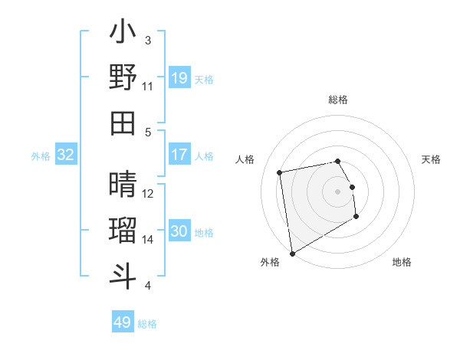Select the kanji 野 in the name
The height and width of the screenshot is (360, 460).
(123, 77)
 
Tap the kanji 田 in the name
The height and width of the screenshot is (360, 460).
(123, 123)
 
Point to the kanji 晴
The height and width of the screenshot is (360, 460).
(123, 185)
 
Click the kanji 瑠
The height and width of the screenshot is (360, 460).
(123, 231)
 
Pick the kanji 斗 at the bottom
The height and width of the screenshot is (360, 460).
(123, 277)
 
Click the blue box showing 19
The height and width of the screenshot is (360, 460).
(179, 77)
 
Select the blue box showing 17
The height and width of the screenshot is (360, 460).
(179, 155)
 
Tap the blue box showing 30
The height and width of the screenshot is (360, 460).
(179, 231)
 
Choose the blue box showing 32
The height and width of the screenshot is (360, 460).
(66, 155)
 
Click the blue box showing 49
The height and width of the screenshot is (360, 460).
(123, 322)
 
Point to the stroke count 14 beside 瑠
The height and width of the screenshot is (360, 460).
(148, 240)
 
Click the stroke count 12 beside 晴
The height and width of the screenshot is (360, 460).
(148, 194)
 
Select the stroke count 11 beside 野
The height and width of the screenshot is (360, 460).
(148, 87)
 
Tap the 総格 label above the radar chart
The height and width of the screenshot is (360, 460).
(338, 100)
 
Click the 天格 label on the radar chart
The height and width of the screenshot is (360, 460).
(432, 159)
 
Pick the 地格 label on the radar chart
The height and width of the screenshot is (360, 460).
(402, 262)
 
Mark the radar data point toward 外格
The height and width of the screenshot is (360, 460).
(292, 253)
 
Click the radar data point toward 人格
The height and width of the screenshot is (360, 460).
(280, 172)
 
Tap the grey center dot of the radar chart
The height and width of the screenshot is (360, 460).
(338, 191)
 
